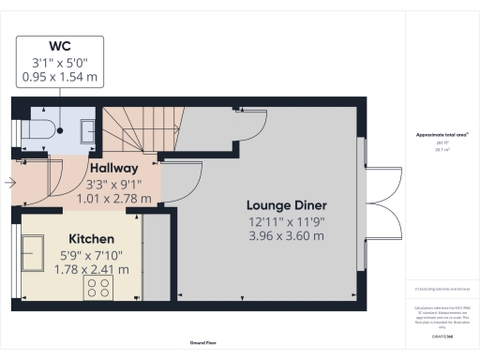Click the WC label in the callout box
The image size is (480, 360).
click(58, 46)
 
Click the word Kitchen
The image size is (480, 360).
click(91, 240)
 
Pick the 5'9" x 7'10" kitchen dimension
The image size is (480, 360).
click(93, 255)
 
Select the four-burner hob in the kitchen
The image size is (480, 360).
click(98, 287)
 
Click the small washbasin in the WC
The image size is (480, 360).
click(86, 129)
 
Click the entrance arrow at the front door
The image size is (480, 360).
click(9, 183)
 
